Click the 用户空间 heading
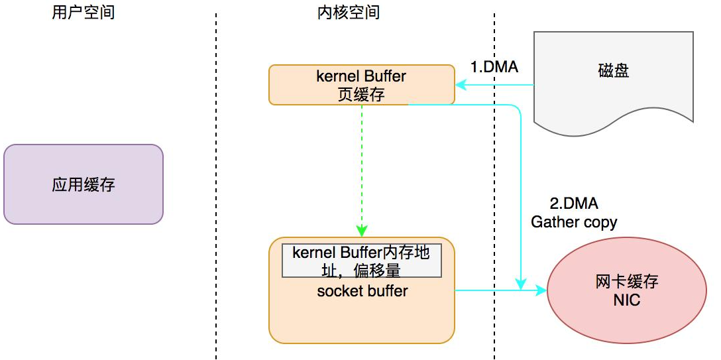[x=83, y=13]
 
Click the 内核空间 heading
[x=349, y=13]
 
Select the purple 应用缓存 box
[x=83, y=184]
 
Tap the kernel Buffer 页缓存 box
[x=361, y=85]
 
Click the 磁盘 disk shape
[x=613, y=73]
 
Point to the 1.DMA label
[x=494, y=67]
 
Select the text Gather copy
[x=574, y=222]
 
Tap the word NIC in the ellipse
[x=626, y=300]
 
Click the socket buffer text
[x=362, y=291]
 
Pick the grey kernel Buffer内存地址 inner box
[x=362, y=261]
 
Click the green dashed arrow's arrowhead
[x=362, y=231]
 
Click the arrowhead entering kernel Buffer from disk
[x=459, y=85]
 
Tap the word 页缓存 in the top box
[x=361, y=94]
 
